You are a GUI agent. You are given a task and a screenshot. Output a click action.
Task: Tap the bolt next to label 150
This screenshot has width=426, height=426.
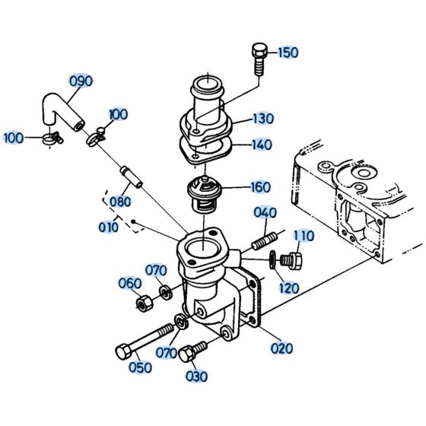(257, 59)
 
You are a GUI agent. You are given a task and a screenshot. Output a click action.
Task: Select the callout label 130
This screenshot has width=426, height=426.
(263, 119)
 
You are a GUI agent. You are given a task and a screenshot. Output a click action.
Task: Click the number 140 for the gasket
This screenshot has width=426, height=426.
(262, 144)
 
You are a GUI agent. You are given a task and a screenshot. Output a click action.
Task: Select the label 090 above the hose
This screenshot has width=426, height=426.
(81, 81)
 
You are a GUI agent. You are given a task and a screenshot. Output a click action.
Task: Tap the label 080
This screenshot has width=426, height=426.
(119, 202)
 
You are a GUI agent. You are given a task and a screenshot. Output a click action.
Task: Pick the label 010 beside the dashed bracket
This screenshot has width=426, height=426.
(108, 227)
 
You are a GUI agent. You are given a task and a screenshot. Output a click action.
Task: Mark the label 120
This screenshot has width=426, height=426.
(288, 288)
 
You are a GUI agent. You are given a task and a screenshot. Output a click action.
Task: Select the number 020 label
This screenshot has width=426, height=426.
(282, 349)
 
